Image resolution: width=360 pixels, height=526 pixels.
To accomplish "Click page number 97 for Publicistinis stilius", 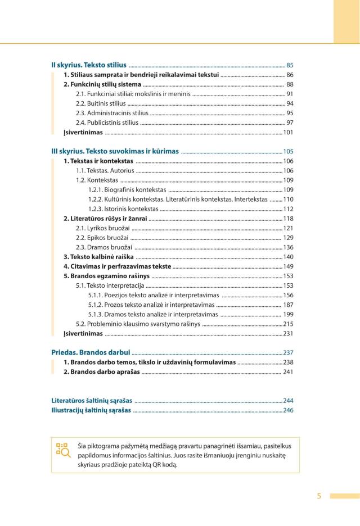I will point(290,123).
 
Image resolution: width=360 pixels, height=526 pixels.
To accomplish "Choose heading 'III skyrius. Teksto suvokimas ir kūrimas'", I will point(115,151).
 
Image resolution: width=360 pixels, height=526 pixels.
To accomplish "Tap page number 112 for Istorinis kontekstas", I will point(288,208).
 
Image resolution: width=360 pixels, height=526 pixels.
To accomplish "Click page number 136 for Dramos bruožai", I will point(288,247).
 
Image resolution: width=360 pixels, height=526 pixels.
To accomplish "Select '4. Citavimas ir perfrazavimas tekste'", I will point(116,266).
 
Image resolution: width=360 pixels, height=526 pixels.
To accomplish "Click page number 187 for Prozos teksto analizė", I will point(288,305).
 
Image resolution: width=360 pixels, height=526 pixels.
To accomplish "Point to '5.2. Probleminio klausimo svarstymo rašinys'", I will point(138,324).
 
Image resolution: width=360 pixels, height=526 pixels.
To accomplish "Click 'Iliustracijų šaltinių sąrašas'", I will point(91,410).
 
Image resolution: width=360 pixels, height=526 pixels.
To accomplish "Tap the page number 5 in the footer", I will point(319,496).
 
